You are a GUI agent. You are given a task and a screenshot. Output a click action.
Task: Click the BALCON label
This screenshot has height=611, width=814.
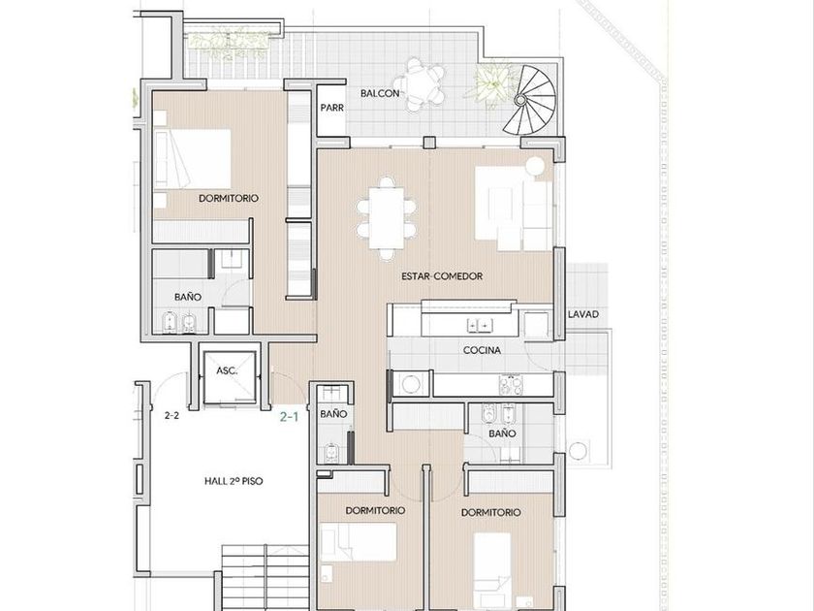tap(380, 93)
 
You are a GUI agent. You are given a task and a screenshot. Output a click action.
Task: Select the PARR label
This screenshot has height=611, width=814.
tap(331, 108)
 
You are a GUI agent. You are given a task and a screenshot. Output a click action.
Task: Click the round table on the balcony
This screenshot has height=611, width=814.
tap(419, 84)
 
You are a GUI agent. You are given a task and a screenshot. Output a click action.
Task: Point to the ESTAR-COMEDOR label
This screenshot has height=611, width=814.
tap(442, 276)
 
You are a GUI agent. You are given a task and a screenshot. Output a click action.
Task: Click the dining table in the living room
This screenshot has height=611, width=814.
tap(387, 218)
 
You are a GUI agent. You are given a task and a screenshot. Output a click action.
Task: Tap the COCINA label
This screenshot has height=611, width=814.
tap(482, 351)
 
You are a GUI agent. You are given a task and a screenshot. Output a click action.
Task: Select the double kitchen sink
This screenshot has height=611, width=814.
tap(479, 326)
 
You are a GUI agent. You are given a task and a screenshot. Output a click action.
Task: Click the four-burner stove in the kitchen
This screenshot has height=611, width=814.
tap(511, 385)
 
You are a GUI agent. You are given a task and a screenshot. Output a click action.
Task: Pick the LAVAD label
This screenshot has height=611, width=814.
tap(583, 314)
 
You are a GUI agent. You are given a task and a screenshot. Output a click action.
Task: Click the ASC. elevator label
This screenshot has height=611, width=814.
tap(227, 370)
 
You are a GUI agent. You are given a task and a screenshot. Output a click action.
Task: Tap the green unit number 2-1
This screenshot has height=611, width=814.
tap(289, 416)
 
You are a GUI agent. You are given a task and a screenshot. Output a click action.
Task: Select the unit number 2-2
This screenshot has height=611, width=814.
tap(172, 416)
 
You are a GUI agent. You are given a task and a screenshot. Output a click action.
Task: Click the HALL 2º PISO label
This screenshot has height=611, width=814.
tap(234, 481)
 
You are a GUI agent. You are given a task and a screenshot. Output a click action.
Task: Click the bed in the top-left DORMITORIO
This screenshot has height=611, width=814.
tap(192, 159)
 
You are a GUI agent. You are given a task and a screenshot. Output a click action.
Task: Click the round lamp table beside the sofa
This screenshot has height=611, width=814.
tap(535, 166)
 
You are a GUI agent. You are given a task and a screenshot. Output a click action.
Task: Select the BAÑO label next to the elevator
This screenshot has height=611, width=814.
tap(333, 414)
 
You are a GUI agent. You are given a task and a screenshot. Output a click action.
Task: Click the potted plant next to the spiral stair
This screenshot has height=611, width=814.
tap(490, 83)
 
